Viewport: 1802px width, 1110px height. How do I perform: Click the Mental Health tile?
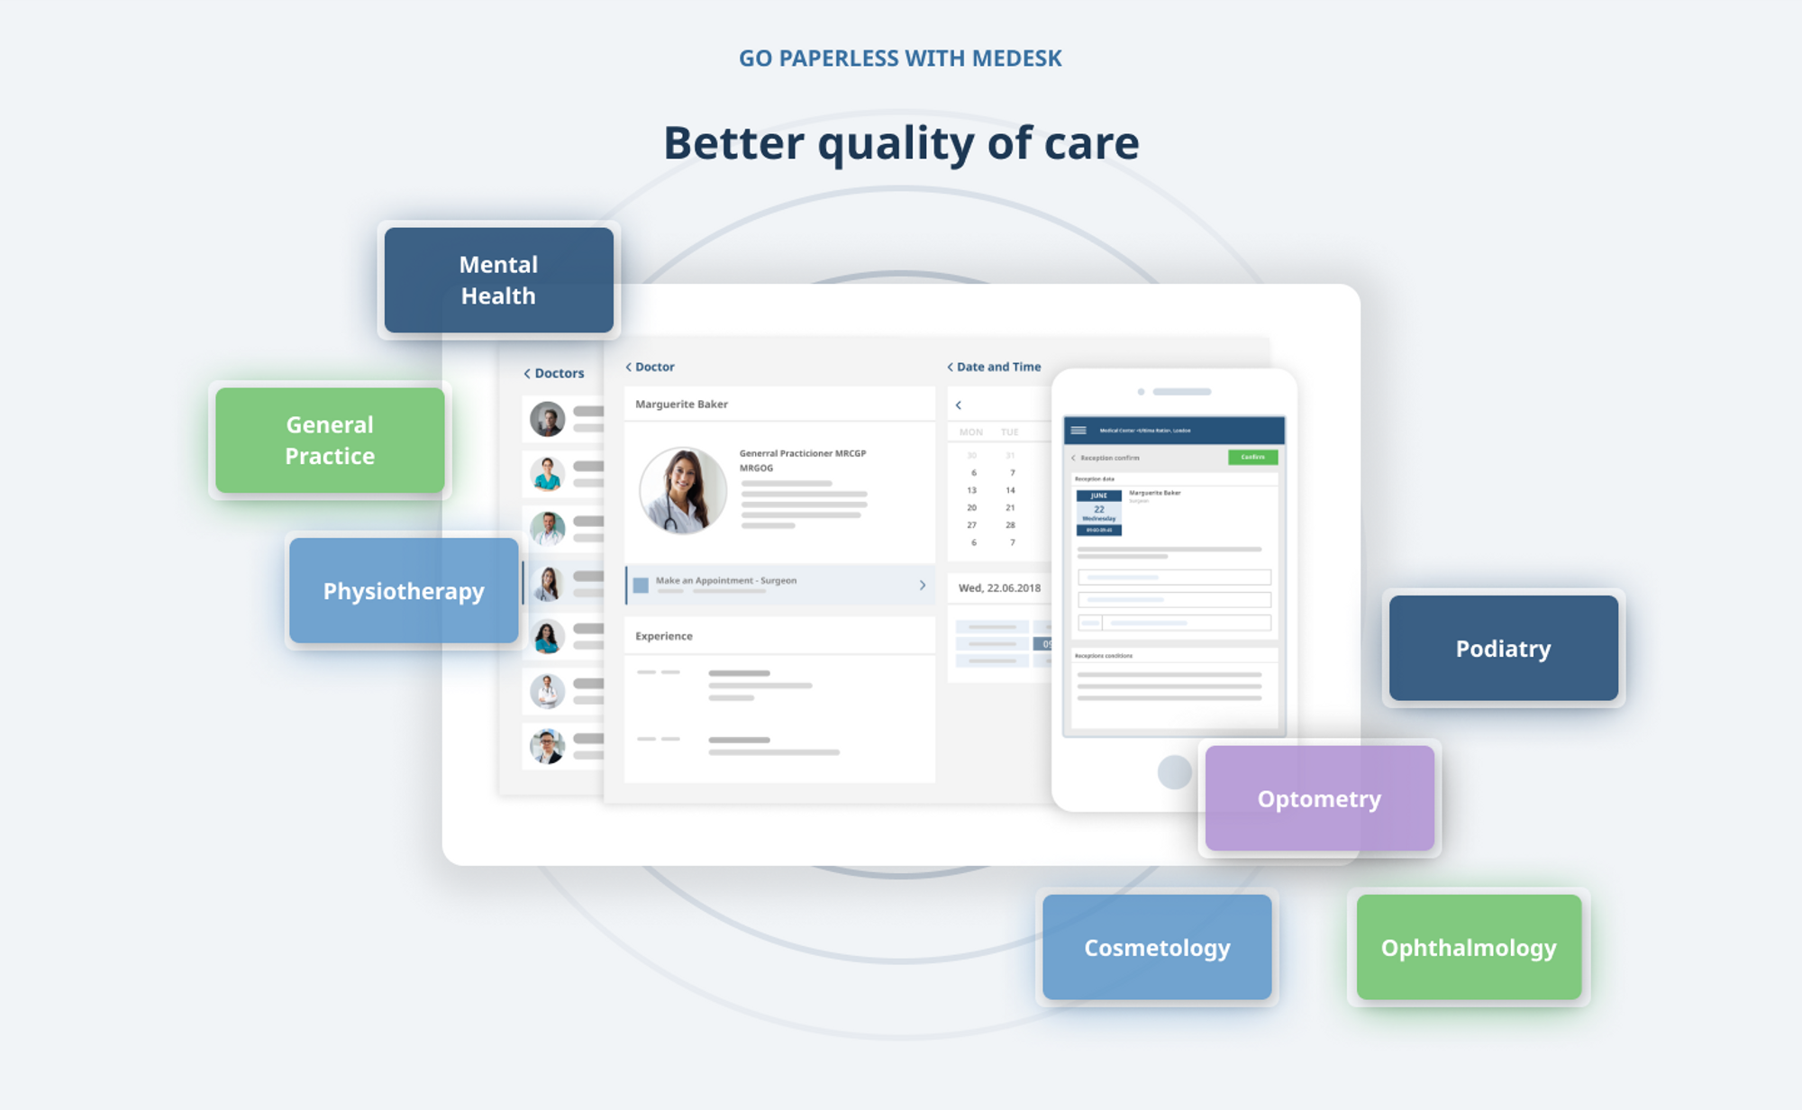[x=498, y=280]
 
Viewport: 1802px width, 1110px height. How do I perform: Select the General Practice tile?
[x=330, y=441]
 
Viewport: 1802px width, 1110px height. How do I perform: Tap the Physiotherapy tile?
[x=404, y=591]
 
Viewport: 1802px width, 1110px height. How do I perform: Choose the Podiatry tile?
[x=1503, y=649]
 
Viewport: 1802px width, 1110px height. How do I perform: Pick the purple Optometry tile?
[x=1319, y=799]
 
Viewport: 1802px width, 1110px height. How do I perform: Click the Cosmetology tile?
[x=1157, y=948]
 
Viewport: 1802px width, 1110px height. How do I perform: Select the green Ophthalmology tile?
[x=1469, y=948]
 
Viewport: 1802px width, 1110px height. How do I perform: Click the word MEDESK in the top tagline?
[x=1016, y=59]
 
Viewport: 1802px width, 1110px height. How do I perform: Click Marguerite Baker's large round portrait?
[x=683, y=491]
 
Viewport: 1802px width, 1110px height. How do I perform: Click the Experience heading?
[x=664, y=636]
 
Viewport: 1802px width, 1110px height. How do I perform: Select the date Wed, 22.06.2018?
[x=999, y=587]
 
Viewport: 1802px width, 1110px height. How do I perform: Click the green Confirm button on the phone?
[x=1252, y=458]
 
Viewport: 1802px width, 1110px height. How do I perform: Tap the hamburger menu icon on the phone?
[x=1078, y=431]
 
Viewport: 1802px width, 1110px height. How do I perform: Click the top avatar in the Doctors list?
[x=547, y=419]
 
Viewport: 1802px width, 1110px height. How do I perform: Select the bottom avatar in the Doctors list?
[x=547, y=746]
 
